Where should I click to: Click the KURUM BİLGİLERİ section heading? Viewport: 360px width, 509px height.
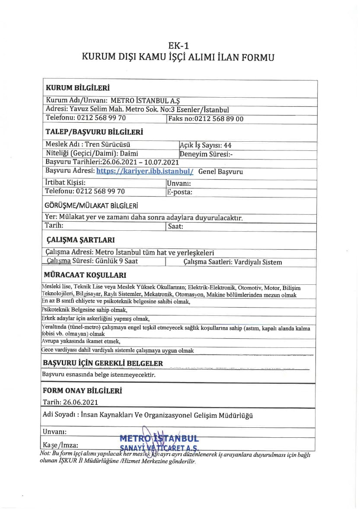pyautogui.click(x=77, y=88)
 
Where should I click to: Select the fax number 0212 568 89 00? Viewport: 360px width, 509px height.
pyautogui.click(x=217, y=119)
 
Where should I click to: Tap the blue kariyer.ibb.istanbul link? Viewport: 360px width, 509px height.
pyautogui.click(x=144, y=171)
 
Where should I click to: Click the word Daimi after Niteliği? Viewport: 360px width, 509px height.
pyautogui.click(x=129, y=153)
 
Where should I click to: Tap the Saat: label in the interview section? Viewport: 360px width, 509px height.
pyautogui.click(x=175, y=226)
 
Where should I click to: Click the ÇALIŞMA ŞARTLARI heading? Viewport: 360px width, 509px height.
pyautogui.click(x=80, y=240)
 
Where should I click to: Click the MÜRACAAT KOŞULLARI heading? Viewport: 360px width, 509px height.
pyautogui.click(x=85, y=275)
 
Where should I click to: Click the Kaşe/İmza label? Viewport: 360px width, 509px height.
pyautogui.click(x=61, y=445)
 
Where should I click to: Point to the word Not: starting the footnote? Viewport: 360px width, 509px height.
pyautogui.click(x=45, y=454)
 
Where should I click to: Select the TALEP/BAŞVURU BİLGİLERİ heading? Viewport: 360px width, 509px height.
pyautogui.click(x=94, y=132)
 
